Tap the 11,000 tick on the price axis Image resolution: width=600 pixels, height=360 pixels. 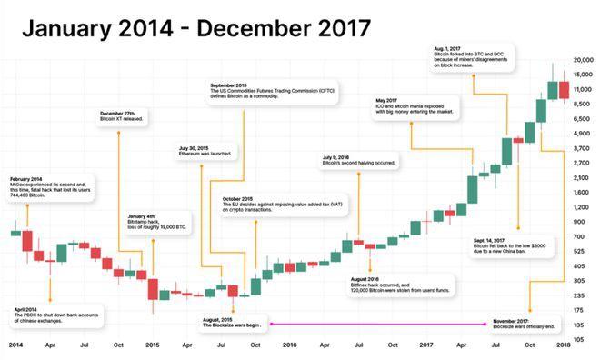[x=583, y=89]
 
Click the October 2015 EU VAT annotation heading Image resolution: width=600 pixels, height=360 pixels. [x=237, y=199]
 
